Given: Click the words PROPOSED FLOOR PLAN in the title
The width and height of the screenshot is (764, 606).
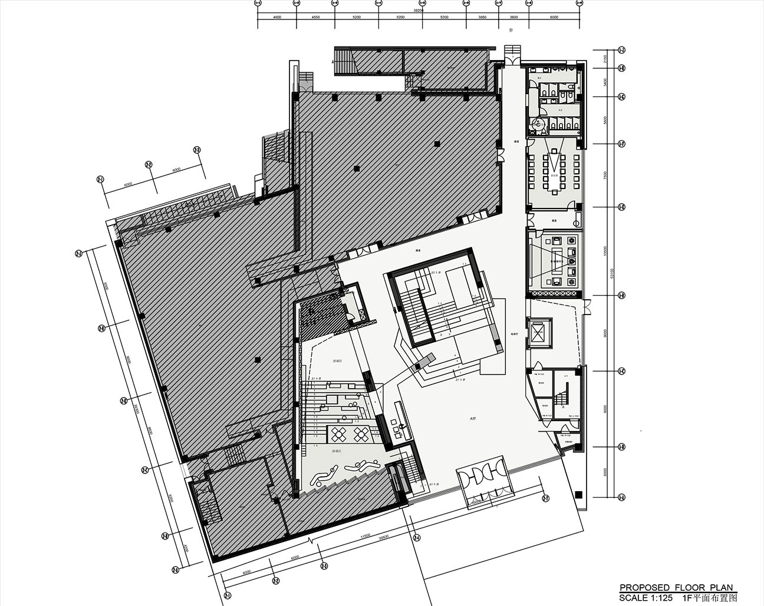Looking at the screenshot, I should tap(676, 587).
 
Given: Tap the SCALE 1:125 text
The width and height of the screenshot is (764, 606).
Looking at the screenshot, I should tap(646, 597).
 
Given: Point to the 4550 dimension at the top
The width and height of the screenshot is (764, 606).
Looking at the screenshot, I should tap(315, 18).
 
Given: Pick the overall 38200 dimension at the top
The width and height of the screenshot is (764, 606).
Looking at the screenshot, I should tap(418, 11).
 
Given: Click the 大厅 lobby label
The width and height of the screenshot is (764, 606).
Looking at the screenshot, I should tap(472, 419).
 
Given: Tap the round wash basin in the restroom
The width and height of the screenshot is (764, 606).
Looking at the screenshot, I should tap(537, 124).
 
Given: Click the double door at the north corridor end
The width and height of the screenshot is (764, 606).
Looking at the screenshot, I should tap(512, 61).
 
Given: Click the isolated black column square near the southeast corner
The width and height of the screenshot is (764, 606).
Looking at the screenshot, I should tap(579, 494).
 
